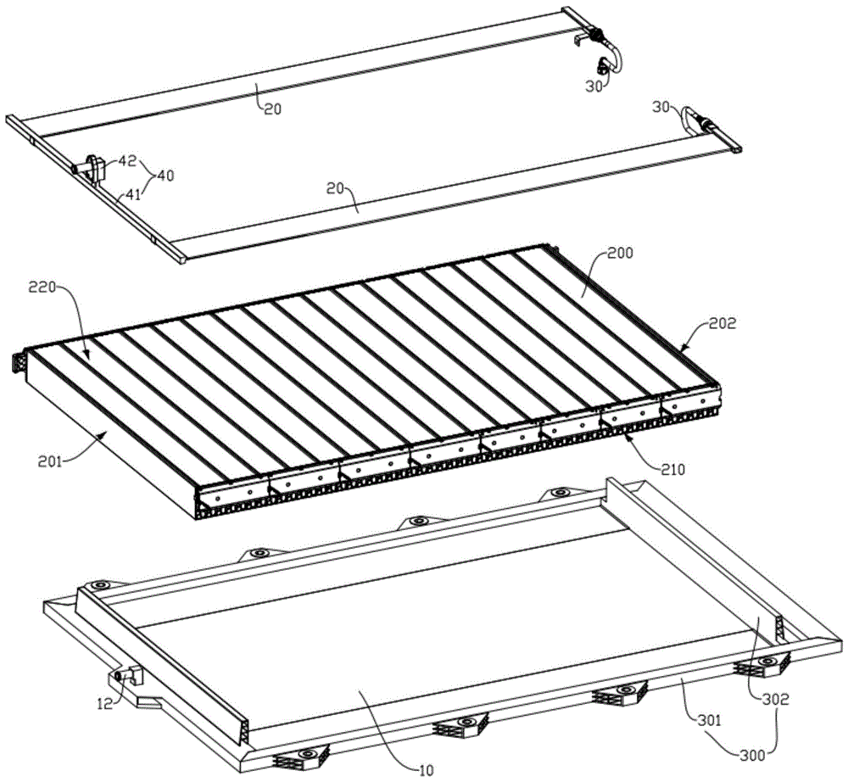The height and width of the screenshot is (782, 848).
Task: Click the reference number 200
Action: (620, 253)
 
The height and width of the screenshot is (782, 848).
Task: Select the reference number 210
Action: (672, 469)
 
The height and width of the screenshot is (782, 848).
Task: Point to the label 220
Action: (42, 288)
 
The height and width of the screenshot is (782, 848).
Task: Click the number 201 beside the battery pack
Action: (51, 461)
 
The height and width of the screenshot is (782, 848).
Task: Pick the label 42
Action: (128, 160)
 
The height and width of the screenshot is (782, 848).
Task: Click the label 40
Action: (165, 176)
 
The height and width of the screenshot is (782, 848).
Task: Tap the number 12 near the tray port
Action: (105, 704)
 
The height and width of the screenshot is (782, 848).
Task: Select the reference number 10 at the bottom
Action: (427, 770)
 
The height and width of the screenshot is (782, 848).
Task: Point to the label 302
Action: (776, 699)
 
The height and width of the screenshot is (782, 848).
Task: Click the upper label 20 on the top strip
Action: (273, 109)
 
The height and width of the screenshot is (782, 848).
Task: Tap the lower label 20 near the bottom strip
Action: (335, 188)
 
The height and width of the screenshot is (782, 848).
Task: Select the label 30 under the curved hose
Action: (594, 87)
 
